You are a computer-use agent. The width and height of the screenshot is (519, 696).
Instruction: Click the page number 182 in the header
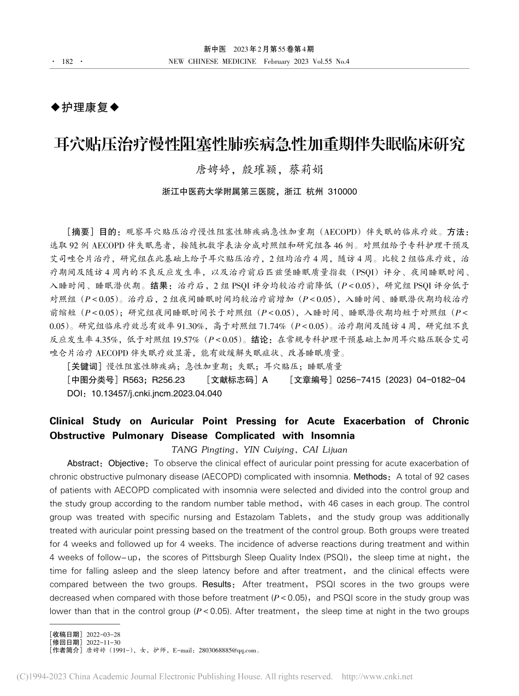point(67,62)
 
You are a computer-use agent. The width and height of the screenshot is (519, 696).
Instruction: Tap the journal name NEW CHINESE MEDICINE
point(213,62)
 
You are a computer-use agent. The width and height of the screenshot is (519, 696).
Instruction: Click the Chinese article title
point(259,144)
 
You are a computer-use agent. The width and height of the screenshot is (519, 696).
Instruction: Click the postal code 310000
point(341,192)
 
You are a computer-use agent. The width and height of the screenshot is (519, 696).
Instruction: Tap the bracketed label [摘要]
point(76,231)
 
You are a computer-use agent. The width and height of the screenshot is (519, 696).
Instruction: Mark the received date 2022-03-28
point(101,634)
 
